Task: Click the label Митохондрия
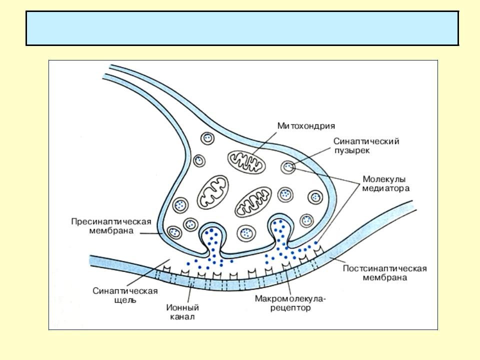coord(306,125)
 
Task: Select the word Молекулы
coord(384,179)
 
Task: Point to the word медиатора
coord(386,188)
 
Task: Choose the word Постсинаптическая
coord(384,268)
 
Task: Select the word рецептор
coord(291,308)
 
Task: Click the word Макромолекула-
coord(290,299)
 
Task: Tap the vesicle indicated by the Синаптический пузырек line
coord(288,167)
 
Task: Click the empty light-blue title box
coord(242,28)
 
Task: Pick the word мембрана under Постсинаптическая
coord(384,277)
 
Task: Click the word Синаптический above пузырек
coord(366,141)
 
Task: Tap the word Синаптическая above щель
coord(125,291)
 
